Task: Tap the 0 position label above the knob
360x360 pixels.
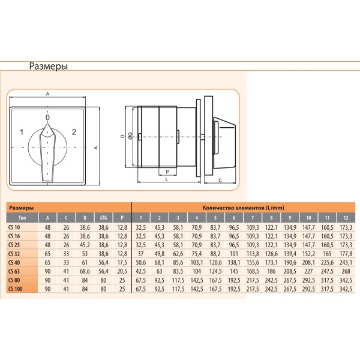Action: tap(47, 118)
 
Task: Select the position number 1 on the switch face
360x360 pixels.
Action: tap(21, 131)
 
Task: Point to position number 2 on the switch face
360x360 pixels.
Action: tap(74, 131)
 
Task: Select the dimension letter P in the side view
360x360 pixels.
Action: tap(167, 171)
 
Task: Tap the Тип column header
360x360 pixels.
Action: tap(22, 217)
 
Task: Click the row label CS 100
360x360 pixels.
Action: tap(16, 289)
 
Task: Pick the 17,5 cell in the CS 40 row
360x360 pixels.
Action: tap(123, 262)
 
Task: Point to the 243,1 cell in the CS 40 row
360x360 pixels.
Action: tap(346, 262)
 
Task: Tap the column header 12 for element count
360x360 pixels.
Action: tap(346, 217)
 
